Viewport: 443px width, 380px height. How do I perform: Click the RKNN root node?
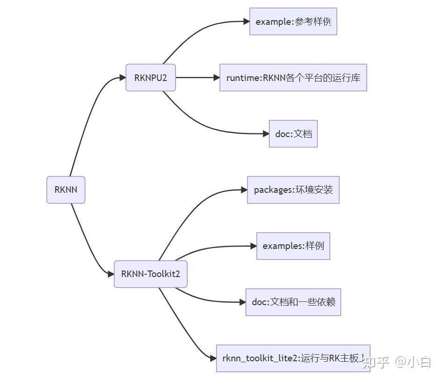click(66, 190)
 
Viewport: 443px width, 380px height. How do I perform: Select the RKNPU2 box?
click(151, 78)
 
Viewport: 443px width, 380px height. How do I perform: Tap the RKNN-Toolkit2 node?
click(151, 274)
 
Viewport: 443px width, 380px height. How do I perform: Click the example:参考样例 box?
click(293, 22)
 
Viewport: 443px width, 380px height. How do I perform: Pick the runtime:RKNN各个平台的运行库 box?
click(293, 78)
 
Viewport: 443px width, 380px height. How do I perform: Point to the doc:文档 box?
click(293, 134)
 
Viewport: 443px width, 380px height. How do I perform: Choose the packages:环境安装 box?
click(293, 190)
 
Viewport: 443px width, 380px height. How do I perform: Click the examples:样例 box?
click(293, 246)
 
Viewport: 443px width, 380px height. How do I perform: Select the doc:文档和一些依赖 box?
click(293, 302)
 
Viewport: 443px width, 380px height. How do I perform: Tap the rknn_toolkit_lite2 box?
click(293, 358)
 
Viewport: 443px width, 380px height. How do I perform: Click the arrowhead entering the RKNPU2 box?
click(123, 78)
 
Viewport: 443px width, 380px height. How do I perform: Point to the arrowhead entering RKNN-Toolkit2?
click(111, 274)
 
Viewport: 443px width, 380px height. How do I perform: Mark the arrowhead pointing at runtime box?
click(216, 78)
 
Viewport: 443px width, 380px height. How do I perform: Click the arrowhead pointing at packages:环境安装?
click(244, 190)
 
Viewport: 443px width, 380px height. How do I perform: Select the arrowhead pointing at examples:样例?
click(253, 246)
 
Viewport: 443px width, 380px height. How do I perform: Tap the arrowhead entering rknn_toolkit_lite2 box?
click(213, 358)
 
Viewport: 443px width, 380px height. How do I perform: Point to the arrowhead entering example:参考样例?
click(246, 22)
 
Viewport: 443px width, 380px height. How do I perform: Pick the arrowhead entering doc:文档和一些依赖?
click(242, 302)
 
